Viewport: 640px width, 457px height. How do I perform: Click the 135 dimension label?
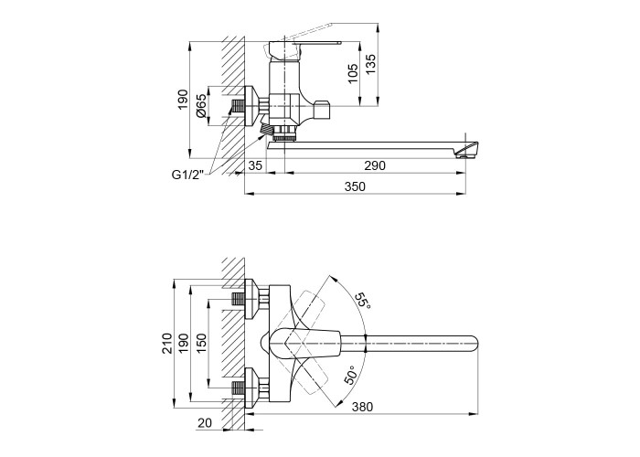tap(370, 64)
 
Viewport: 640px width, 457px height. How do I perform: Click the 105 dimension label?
tap(353, 73)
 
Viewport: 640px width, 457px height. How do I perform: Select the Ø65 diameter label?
tap(201, 106)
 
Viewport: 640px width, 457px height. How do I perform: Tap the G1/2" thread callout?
tap(187, 175)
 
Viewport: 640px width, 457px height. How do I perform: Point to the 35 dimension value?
tap(255, 166)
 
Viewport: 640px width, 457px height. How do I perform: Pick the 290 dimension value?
tap(375, 166)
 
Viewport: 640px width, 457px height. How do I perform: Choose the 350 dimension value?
tap(355, 186)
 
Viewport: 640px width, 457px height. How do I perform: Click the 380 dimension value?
tap(362, 407)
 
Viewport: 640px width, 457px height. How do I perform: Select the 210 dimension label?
tap(167, 343)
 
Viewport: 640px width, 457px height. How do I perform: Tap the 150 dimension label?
tap(201, 343)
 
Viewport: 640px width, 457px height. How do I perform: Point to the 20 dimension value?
tap(205, 423)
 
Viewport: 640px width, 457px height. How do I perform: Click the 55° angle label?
tap(362, 301)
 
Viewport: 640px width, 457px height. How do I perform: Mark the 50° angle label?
tap(350, 375)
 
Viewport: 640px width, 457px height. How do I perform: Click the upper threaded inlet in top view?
tap(238, 300)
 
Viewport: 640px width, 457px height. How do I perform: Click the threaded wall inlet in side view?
tap(238, 107)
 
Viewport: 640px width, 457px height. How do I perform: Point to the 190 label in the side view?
tap(183, 99)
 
